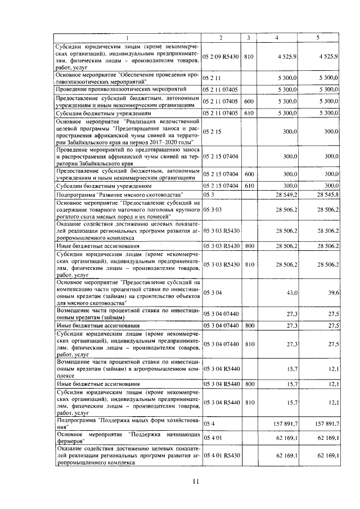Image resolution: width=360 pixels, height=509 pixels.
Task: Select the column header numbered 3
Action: click(249, 38)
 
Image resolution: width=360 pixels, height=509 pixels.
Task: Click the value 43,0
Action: click(291, 292)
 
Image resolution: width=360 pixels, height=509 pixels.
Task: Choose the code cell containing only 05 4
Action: click(209, 424)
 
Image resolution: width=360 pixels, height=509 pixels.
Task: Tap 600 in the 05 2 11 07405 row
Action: click(249, 101)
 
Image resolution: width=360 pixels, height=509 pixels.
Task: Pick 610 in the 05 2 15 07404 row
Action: click(249, 185)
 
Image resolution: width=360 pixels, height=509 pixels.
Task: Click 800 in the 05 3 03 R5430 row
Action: click(249, 246)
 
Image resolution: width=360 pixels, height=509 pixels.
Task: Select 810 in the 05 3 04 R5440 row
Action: click(249, 403)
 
